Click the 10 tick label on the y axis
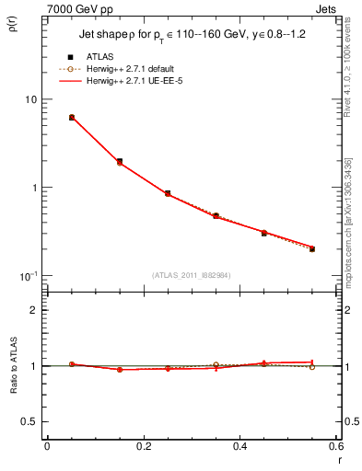(29, 99)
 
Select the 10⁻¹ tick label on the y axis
(29, 276)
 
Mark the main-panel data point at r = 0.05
(72, 118)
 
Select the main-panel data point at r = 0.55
(312, 248)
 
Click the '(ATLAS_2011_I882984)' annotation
(192, 275)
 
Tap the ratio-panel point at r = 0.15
(120, 370)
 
